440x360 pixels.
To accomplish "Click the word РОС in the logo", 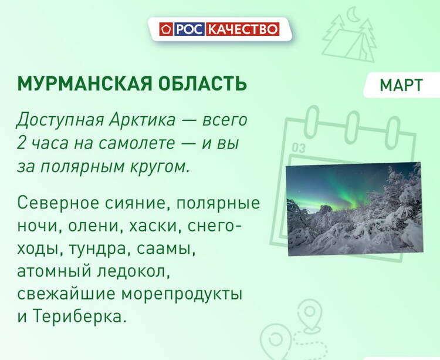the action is pyautogui.click(x=189, y=29).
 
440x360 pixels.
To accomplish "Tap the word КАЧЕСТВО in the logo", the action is pyautogui.click(x=243, y=29).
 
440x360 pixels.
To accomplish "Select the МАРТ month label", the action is pyautogui.click(x=401, y=85).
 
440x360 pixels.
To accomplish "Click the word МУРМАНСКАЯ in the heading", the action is pyautogui.click(x=84, y=83).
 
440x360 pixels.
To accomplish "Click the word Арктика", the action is pyautogui.click(x=143, y=120).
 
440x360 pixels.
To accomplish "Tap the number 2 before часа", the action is pyautogui.click(x=21, y=143).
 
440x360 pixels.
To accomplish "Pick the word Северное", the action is pyautogui.click(x=58, y=203).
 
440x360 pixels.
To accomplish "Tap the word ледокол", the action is pyautogui.click(x=134, y=272).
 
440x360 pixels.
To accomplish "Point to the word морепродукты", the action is pyautogui.click(x=182, y=295).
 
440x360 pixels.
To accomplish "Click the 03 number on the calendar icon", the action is pyautogui.click(x=298, y=147).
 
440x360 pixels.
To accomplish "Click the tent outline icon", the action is pyautogui.click(x=348, y=42).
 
